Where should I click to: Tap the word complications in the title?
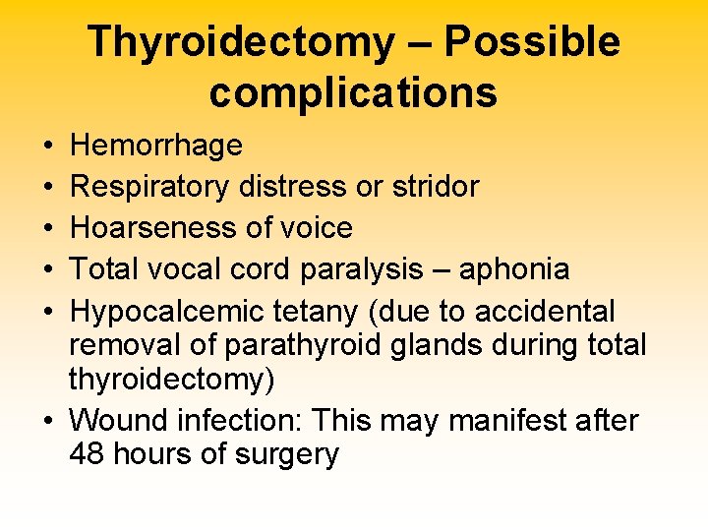[x=353, y=93]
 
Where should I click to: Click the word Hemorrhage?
[x=156, y=147]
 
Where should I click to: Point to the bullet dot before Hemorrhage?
[x=49, y=147]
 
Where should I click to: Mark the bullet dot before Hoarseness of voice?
[x=49, y=228]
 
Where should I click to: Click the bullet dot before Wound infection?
[x=49, y=421]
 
